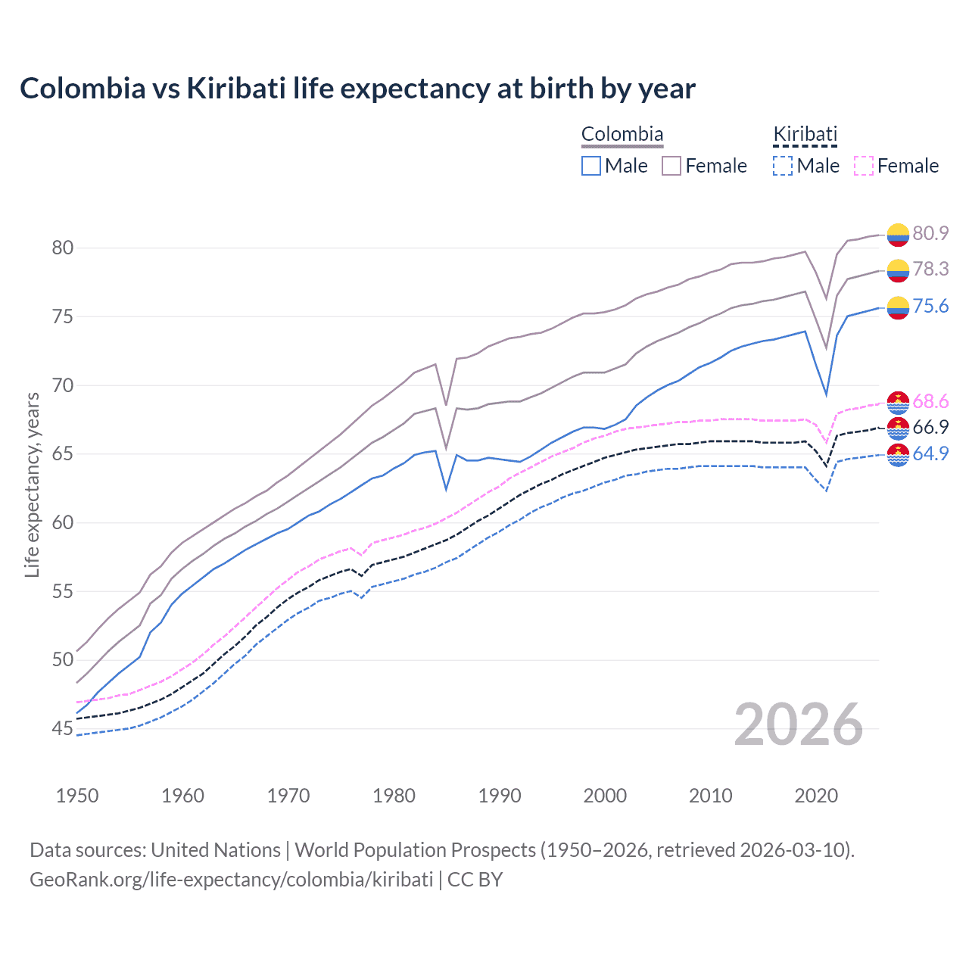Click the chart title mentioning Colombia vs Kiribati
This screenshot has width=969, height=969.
[357, 89]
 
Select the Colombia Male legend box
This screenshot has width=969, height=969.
[591, 166]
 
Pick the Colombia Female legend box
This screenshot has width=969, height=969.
[671, 166]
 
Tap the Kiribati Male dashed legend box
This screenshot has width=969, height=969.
[783, 166]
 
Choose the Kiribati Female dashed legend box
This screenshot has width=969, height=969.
[864, 166]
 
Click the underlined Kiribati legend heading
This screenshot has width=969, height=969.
[805, 135]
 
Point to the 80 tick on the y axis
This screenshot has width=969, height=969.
[63, 248]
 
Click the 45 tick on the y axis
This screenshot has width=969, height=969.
[63, 729]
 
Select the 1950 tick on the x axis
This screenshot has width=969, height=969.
[77, 796]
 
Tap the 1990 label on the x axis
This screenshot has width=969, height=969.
[500, 796]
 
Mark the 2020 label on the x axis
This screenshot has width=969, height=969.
[816, 796]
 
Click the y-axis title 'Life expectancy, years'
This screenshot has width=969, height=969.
[32, 484]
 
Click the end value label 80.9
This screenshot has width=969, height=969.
[930, 233]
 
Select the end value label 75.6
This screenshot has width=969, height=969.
[930, 306]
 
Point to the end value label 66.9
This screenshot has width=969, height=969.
[930, 427]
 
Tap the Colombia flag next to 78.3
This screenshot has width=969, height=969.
[898, 270]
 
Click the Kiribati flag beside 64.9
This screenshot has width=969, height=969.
[898, 455]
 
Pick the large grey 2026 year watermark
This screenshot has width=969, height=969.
[799, 724]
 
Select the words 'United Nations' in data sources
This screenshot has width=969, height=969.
[216, 850]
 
